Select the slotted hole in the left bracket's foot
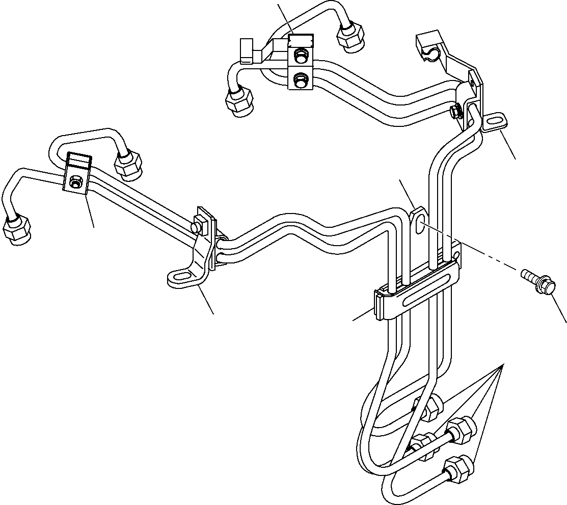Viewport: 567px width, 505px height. pyautogui.click(x=179, y=277)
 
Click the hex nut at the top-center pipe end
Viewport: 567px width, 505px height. pyautogui.click(x=350, y=37)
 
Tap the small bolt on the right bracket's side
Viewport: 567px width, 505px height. pyautogui.click(x=455, y=111)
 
